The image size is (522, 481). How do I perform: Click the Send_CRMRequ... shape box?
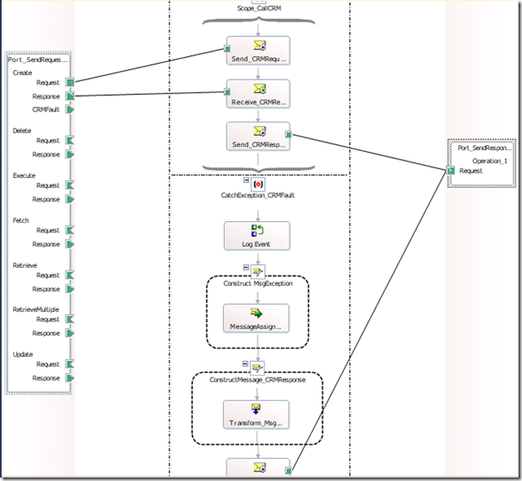point(258,52)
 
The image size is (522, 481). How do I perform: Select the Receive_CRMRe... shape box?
point(258,95)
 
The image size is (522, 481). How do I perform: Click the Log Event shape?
point(258,236)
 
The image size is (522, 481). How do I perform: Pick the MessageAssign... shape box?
point(258,319)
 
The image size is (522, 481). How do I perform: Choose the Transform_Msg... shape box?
point(258,414)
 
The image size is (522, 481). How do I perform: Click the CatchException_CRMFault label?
point(258,196)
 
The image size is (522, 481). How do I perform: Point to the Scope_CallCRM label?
point(258,9)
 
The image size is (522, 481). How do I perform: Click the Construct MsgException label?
point(258,282)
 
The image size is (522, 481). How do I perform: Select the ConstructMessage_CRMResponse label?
point(258,380)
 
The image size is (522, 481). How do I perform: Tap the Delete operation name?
point(22,130)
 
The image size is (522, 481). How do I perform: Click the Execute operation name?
point(24,175)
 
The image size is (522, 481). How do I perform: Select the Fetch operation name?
point(21,220)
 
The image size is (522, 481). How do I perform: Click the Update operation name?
point(22,354)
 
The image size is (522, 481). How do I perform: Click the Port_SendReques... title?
point(37,60)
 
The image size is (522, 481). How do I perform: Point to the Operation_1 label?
point(490,161)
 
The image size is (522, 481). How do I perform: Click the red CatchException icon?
point(258,184)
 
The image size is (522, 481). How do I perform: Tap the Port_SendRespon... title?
point(485,148)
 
